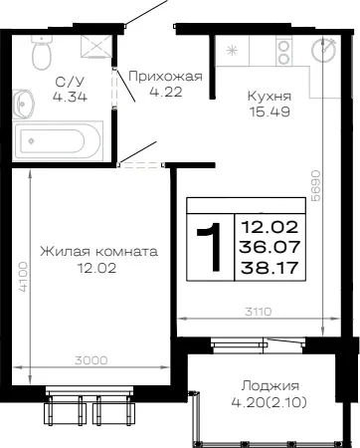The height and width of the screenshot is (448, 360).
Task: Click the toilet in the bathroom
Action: click(x=42, y=52)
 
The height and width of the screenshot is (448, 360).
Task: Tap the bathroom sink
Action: click(x=23, y=104)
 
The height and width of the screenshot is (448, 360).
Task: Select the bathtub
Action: click(x=58, y=141)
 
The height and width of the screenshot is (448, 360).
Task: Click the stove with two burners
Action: click(x=284, y=51)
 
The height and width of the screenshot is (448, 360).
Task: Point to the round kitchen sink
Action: click(x=324, y=51)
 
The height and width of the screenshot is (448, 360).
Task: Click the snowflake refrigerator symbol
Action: click(x=232, y=51)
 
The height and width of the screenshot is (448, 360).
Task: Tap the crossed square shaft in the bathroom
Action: click(x=96, y=46)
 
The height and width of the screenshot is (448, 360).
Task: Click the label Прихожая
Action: click(x=165, y=77)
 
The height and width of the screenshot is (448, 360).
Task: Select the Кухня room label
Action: click(x=270, y=97)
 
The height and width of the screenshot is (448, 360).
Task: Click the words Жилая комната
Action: click(x=98, y=251)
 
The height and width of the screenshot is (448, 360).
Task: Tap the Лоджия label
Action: click(x=270, y=386)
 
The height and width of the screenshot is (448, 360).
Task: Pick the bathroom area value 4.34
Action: click(x=70, y=97)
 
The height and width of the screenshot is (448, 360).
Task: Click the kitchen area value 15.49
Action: click(x=270, y=112)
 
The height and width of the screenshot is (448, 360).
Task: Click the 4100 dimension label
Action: click(x=23, y=277)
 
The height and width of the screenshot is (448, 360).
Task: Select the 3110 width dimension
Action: click(x=259, y=312)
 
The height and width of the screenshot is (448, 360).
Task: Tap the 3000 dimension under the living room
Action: click(x=91, y=360)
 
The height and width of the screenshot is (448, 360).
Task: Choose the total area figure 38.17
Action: click(x=270, y=268)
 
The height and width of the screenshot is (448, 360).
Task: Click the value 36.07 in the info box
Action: click(x=270, y=247)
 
